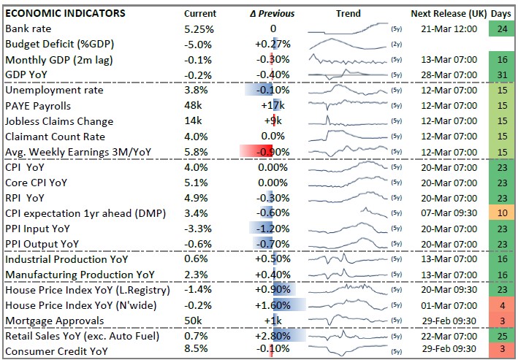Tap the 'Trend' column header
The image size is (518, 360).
tap(348, 13)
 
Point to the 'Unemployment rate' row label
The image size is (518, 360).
tap(54, 91)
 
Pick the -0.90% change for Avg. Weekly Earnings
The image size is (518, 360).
tap(273, 152)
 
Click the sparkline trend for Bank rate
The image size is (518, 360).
tap(347, 28)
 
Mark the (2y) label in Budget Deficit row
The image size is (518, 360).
tap(396, 45)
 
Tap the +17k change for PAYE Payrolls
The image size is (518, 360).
tap(273, 106)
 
